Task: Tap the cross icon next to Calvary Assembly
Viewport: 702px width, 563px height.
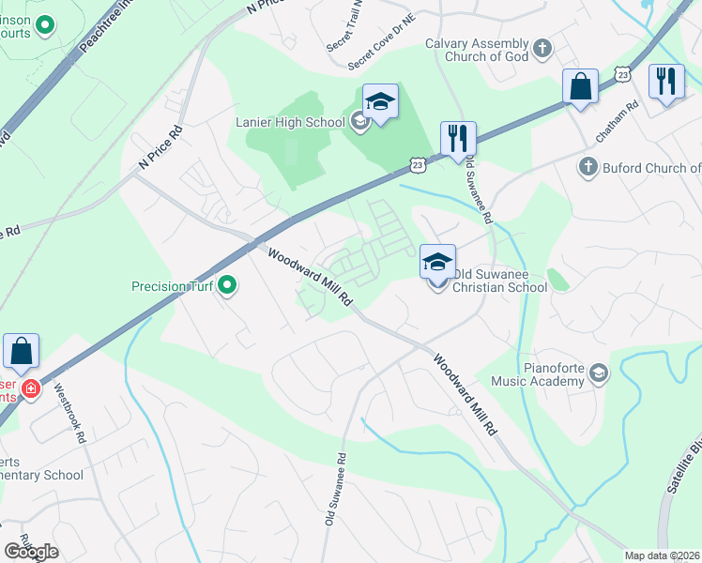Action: pyautogui.click(x=542, y=48)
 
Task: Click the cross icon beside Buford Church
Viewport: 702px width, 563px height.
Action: pyautogui.click(x=588, y=168)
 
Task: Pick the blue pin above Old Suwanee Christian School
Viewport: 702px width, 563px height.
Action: pyautogui.click(x=437, y=262)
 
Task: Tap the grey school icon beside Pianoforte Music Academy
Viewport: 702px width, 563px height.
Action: pyautogui.click(x=598, y=375)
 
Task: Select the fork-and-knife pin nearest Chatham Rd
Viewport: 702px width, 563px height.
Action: pyautogui.click(x=666, y=82)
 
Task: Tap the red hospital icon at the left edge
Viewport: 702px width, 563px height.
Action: pyautogui.click(x=31, y=388)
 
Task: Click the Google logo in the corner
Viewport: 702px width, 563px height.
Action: pyautogui.click(x=31, y=552)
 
